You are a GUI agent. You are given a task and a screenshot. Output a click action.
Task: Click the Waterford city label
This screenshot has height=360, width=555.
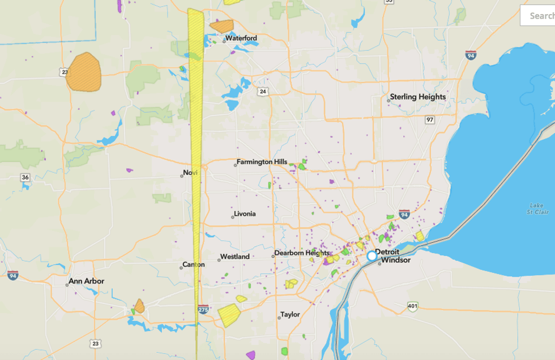(241, 38)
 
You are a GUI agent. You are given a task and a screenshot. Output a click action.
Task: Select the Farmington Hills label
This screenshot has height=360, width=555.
(262, 162)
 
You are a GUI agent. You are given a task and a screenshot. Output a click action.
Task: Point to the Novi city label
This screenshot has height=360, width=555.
(190, 173)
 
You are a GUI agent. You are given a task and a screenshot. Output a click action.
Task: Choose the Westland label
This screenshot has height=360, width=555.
(234, 256)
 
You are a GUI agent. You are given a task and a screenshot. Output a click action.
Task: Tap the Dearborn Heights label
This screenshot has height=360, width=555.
(302, 253)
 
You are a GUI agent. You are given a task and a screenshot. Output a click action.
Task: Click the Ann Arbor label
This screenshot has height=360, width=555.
(86, 281)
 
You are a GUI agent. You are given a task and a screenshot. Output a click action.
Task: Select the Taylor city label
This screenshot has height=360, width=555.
(290, 315)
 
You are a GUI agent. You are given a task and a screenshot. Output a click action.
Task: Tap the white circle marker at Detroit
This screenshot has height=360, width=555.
(372, 256)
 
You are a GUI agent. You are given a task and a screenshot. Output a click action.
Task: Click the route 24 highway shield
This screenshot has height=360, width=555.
(263, 91)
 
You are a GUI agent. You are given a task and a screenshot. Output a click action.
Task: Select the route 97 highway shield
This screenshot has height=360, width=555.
(430, 120)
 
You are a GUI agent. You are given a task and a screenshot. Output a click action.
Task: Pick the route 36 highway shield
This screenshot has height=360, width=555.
(25, 177)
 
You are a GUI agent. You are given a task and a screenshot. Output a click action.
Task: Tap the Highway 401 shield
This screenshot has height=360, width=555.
(413, 306)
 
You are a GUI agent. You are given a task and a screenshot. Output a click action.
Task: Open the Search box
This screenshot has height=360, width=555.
(537, 16)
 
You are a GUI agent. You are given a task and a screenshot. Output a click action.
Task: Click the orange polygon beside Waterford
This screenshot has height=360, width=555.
(221, 26)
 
